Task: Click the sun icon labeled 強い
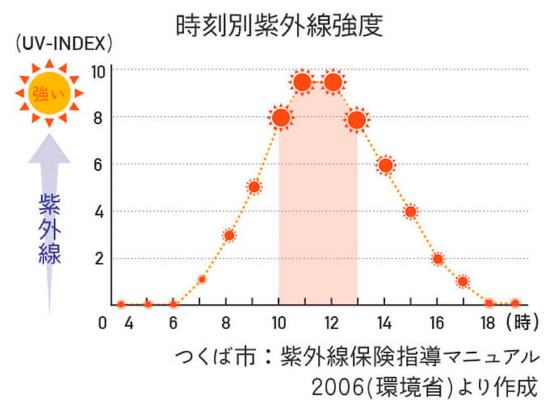(x=49, y=92)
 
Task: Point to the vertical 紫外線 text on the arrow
(x=49, y=229)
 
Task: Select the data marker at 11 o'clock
(x=302, y=83)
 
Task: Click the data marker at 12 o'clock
(x=333, y=83)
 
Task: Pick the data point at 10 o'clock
(x=281, y=118)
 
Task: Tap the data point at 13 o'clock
(x=356, y=120)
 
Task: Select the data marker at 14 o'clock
(x=385, y=165)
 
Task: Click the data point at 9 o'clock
(x=254, y=187)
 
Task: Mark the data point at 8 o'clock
(x=229, y=235)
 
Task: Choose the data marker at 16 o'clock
(x=438, y=259)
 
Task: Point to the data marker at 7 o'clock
(x=202, y=279)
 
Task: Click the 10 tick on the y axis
(x=99, y=71)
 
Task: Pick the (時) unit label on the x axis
(x=522, y=323)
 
